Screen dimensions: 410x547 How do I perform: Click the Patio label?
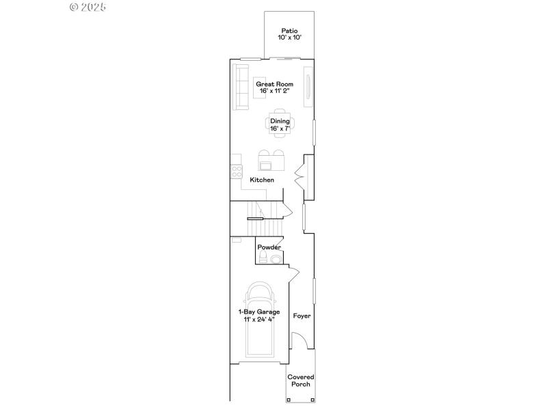click(289, 31)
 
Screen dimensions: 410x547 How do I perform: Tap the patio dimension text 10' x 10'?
click(289, 38)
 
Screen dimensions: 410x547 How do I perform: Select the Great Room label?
click(270, 84)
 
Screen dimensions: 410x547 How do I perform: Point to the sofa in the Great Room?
click(241, 87)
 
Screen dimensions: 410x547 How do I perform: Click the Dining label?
click(280, 121)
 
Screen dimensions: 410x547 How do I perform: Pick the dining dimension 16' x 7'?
click(280, 128)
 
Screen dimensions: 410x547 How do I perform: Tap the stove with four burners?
click(237, 172)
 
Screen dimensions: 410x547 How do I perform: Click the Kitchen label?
click(262, 180)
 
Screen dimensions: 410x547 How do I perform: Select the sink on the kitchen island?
click(265, 165)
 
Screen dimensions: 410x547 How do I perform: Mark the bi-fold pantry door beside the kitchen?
click(299, 176)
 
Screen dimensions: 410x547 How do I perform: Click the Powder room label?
click(269, 247)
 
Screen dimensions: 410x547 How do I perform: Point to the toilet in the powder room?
click(263, 258)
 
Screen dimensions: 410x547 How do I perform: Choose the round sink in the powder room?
click(276, 259)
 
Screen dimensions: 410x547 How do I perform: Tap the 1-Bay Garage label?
click(259, 312)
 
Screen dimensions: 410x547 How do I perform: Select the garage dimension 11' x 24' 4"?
click(259, 319)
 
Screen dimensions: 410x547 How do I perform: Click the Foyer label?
click(302, 316)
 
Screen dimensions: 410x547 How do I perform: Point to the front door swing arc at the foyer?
click(298, 340)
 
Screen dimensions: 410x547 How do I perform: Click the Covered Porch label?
click(300, 381)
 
